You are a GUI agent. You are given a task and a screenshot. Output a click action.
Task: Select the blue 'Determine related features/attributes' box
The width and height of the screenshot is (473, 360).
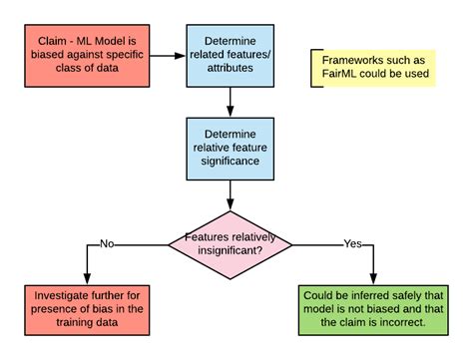pyautogui.click(x=231, y=55)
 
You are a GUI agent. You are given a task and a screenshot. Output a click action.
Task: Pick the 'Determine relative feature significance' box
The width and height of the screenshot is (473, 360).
pyautogui.click(x=231, y=148)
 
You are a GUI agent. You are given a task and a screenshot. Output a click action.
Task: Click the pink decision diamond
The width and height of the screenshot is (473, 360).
pyautogui.click(x=231, y=242)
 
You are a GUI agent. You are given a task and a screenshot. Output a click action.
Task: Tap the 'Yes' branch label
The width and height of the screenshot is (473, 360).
pyautogui.click(x=352, y=242)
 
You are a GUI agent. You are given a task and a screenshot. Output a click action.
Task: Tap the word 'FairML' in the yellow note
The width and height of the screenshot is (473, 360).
pyautogui.click(x=344, y=75)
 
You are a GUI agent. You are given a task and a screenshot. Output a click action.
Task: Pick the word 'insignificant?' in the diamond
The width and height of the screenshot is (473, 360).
pyautogui.click(x=231, y=251)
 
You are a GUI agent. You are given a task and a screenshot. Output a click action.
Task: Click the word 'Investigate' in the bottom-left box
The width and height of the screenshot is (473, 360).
pyautogui.click(x=62, y=295)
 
